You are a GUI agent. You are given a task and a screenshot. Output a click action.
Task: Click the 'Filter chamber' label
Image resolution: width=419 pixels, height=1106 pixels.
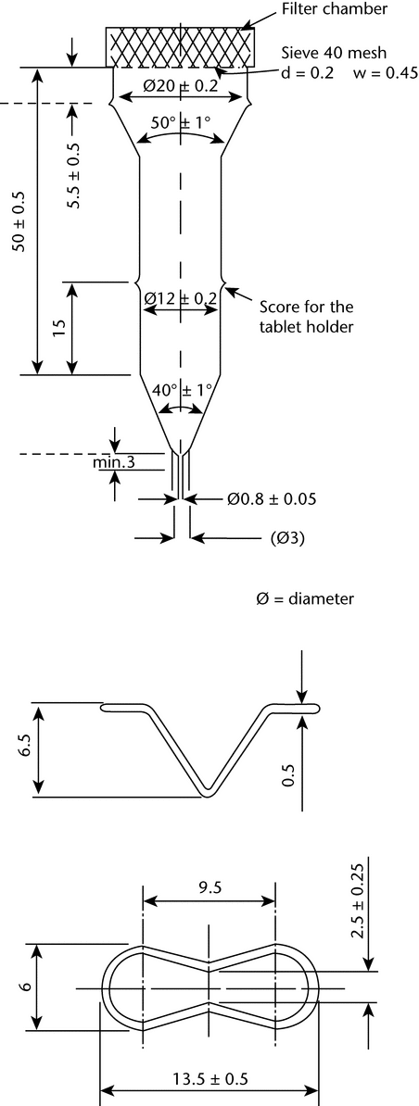(x=334, y=10)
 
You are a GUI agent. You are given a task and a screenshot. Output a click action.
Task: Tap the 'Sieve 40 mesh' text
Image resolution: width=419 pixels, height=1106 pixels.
(x=326, y=53)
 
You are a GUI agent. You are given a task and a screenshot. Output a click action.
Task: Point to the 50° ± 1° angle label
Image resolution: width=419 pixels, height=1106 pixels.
(x=181, y=122)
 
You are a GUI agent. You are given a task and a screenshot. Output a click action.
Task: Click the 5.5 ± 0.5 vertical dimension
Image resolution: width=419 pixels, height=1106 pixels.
(x=73, y=176)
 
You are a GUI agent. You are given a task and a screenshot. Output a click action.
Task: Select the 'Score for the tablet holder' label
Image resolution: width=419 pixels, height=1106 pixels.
(x=306, y=317)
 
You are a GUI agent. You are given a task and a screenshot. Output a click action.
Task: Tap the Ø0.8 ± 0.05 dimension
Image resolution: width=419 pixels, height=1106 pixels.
(x=272, y=499)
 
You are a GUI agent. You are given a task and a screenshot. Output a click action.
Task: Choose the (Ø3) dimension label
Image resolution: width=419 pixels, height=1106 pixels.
(x=287, y=539)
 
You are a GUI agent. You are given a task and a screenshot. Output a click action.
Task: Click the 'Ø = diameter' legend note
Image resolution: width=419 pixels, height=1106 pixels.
(x=305, y=598)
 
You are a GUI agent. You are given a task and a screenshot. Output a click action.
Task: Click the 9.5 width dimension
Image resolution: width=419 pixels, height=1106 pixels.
(x=209, y=887)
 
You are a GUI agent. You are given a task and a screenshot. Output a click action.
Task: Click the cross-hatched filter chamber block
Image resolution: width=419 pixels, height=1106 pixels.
(x=181, y=47)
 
